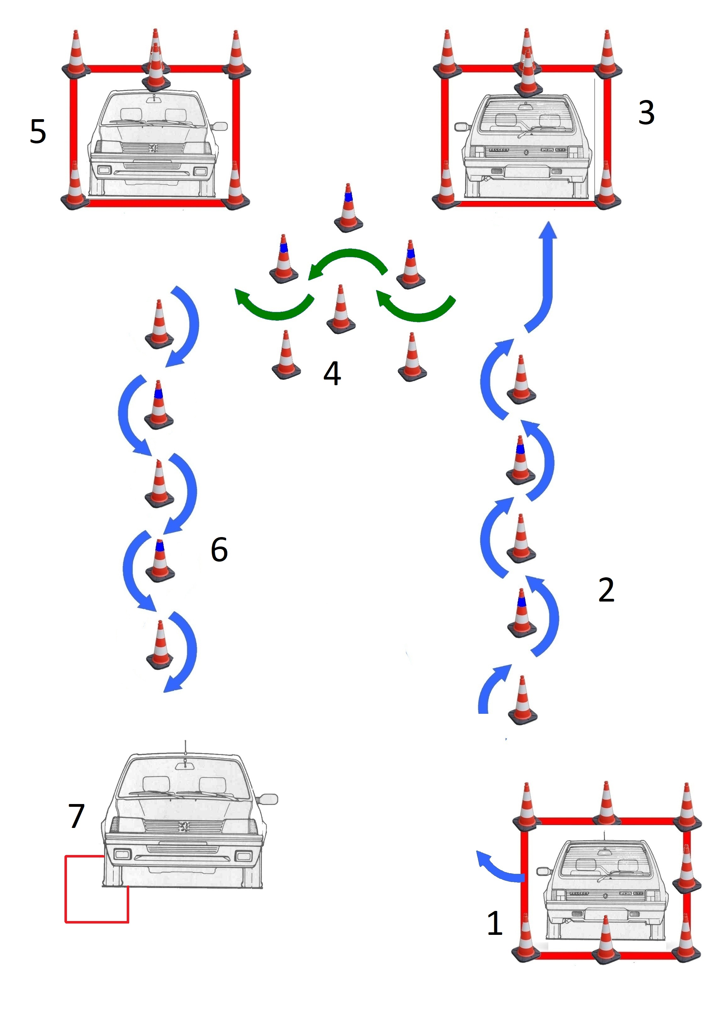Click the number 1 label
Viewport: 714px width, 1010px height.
click(x=495, y=923)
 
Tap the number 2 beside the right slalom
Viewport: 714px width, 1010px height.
click(x=606, y=590)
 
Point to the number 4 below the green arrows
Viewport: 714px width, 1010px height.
click(x=332, y=374)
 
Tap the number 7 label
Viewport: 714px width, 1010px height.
click(x=76, y=816)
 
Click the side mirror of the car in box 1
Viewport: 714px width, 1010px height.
click(x=544, y=871)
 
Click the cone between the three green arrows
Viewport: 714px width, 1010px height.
click(x=341, y=310)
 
